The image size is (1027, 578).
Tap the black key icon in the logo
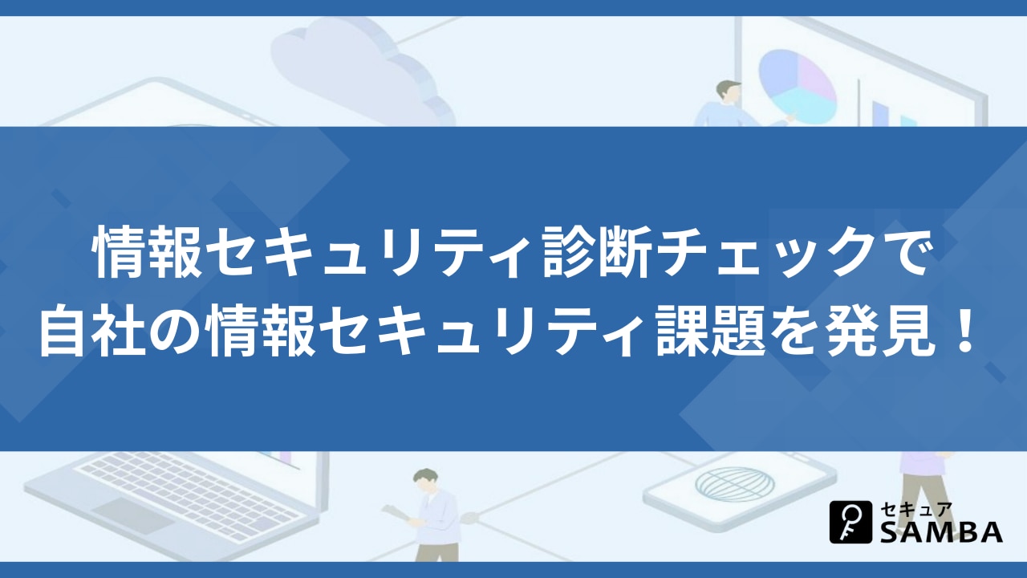851,522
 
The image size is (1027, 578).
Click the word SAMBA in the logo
941,533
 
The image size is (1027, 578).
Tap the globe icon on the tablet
735,484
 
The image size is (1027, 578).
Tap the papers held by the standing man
397,512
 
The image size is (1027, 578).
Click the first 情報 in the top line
148,253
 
